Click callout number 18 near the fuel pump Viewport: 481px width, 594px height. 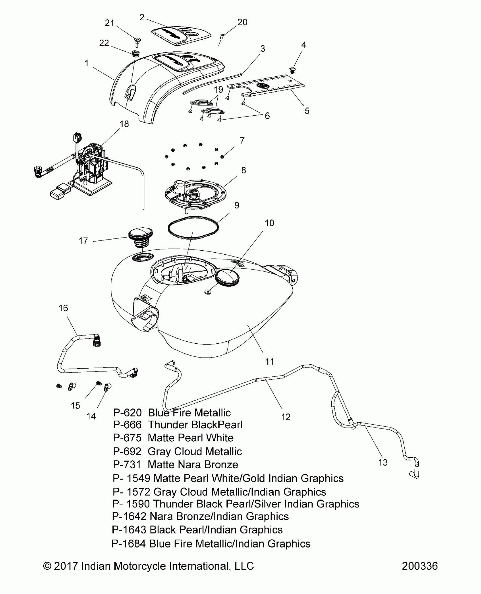(x=124, y=124)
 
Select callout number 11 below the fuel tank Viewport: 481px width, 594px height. (x=269, y=361)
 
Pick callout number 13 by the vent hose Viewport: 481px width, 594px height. (x=383, y=462)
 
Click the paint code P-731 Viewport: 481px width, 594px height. (x=127, y=464)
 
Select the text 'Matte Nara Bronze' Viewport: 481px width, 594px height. (x=193, y=464)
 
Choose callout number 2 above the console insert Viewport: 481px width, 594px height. (x=142, y=18)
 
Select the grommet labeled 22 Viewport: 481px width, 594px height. (x=136, y=53)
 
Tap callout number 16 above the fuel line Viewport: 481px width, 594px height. (x=63, y=308)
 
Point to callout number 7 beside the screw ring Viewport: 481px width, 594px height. (x=242, y=140)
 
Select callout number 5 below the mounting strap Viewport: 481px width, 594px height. (x=307, y=111)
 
